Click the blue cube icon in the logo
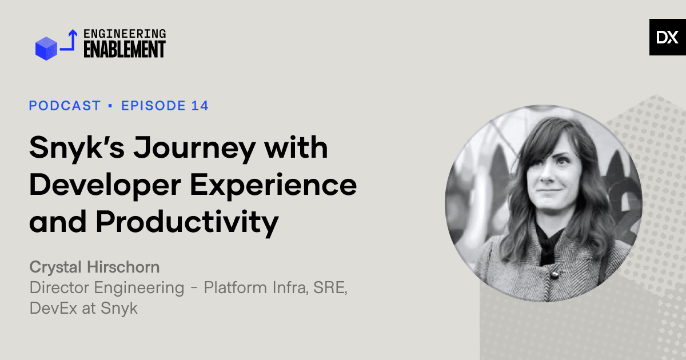click(47, 48)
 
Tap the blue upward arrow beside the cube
click(70, 41)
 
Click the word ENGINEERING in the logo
click(125, 34)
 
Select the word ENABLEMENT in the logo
click(125, 50)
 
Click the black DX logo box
click(667, 37)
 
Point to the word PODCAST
click(65, 106)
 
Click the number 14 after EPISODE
click(200, 106)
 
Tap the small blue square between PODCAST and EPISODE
click(111, 106)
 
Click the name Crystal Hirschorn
click(94, 267)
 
